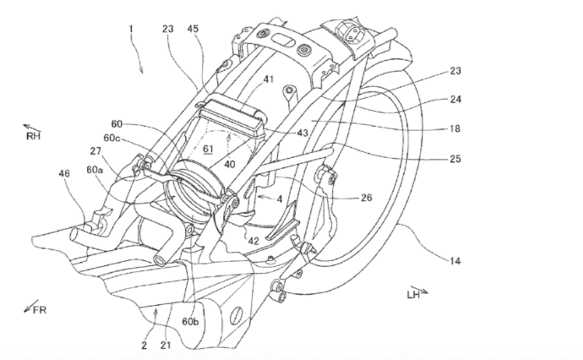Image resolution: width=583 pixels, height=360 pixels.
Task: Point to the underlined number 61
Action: pos(207,148)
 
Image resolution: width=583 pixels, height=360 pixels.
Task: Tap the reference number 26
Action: pos(366,196)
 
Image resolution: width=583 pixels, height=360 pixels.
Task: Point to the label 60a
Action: pos(95,171)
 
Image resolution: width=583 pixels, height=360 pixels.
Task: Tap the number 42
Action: pos(254,241)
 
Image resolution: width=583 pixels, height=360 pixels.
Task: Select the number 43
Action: pos(303,133)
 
